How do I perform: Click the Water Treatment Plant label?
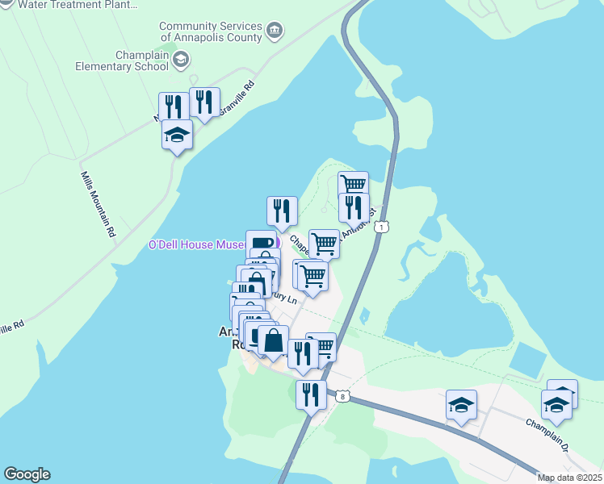coord(78,4)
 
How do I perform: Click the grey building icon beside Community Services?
coord(275,31)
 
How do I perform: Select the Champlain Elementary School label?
coord(121,60)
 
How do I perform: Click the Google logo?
coord(27,474)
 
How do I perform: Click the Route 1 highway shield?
coord(384,227)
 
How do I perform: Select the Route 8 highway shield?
coord(343,396)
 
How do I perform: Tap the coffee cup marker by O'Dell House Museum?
coord(261,243)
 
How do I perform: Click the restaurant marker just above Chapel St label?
coord(282,211)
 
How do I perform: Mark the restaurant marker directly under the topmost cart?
coord(353,207)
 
